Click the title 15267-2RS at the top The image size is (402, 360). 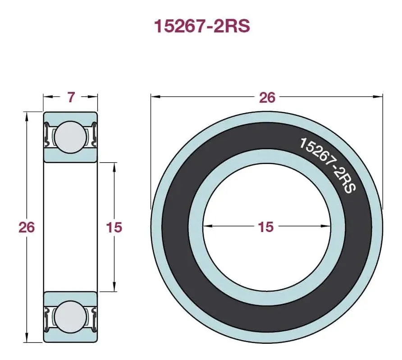[x=202, y=26]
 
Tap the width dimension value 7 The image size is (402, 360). [x=71, y=97]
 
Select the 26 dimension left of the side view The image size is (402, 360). [x=27, y=227]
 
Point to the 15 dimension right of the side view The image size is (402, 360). [x=114, y=227]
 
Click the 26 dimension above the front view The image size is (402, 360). [x=267, y=98]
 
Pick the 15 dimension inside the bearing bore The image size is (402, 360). [x=265, y=227]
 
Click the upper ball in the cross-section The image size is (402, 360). [x=70, y=137]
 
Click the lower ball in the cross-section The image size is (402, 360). [x=70, y=316]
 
